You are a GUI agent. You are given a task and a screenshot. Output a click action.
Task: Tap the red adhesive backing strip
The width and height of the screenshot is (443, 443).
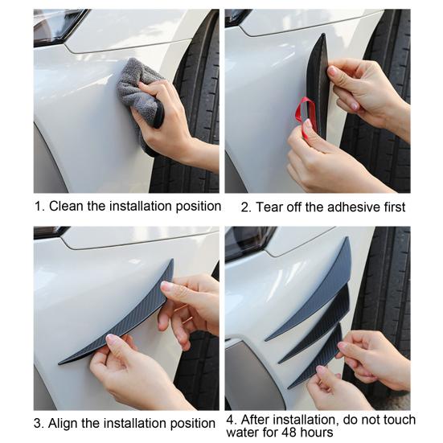303,113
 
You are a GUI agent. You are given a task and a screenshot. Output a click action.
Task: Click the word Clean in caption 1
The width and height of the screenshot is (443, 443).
67,206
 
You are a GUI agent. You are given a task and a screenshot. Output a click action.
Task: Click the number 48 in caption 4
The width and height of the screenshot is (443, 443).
288,433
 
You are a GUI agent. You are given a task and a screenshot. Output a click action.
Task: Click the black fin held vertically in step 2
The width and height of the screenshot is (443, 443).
318,84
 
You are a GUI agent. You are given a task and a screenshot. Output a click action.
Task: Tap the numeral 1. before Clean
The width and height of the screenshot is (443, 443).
39,207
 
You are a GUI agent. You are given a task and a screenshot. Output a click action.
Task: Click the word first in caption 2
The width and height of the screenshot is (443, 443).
395,207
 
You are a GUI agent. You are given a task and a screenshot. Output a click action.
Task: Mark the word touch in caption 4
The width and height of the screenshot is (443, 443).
399,420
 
